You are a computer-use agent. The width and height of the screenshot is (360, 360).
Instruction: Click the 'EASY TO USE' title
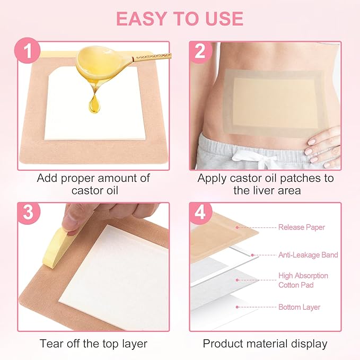180,18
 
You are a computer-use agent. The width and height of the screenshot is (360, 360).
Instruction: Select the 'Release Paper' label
302,227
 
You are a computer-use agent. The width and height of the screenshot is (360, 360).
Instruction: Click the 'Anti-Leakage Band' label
308,255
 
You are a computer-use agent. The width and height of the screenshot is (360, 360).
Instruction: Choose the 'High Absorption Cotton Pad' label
303,280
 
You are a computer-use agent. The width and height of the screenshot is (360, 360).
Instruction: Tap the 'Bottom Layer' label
299,307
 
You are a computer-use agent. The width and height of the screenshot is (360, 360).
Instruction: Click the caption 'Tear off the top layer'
93,343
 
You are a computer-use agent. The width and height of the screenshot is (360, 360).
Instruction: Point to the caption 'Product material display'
265,343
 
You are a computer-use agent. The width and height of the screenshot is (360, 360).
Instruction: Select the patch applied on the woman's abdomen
267,100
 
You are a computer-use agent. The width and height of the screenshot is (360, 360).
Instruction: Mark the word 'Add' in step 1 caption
47,178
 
